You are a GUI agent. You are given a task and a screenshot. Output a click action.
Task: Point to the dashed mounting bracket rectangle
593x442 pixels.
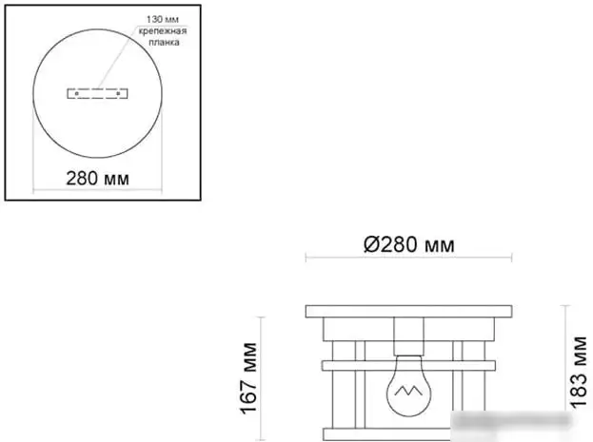96,94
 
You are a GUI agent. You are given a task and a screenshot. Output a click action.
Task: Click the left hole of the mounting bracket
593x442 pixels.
74,94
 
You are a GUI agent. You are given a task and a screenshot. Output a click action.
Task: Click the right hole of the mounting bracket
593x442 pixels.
118,94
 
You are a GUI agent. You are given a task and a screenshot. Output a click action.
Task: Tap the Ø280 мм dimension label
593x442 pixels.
408,244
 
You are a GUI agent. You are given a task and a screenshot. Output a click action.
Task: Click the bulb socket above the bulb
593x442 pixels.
408,337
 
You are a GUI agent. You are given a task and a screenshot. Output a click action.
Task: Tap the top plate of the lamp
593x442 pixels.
408,311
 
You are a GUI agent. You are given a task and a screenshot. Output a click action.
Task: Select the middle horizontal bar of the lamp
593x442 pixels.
408,364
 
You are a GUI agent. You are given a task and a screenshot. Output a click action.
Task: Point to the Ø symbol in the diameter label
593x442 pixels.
372,244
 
